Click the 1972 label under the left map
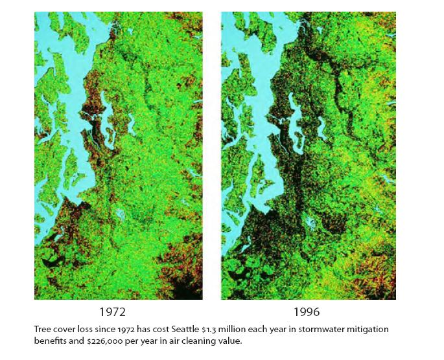117,311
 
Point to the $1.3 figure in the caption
222,330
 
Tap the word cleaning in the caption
196,341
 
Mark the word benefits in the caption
49,341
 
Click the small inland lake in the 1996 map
312,220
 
